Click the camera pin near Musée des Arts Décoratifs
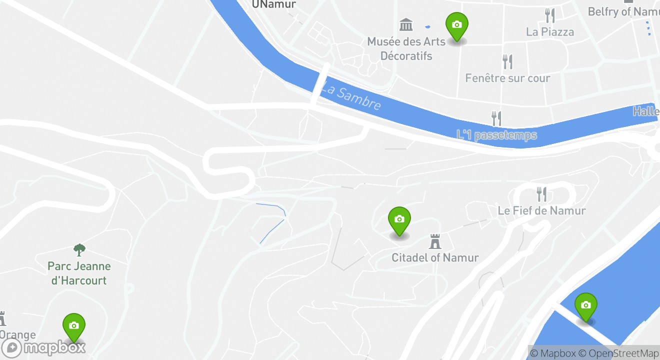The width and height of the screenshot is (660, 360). pos(456,26)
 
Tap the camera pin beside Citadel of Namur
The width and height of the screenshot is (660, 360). pos(399,220)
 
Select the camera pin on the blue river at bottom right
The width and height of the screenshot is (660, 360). pos(585,306)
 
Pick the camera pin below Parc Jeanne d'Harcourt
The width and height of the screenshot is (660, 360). pos(74,327)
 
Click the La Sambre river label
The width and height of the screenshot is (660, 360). pos(351,97)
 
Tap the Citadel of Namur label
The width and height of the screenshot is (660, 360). pos(435,258)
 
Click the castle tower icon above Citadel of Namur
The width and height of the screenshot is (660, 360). pos(435,241)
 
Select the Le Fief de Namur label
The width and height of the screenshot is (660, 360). pos(541,210)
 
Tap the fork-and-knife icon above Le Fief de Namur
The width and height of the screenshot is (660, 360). pos(541,194)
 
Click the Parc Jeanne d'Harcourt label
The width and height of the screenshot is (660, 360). pos(79,273)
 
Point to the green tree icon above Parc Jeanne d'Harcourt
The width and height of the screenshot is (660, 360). pos(79,249)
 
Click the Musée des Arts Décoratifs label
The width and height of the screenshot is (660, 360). pos(406,48)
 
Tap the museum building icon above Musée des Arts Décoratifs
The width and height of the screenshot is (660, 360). pos(406,24)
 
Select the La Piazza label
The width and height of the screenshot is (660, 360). pos(550,32)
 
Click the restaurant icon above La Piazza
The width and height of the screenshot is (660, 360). pos(550,15)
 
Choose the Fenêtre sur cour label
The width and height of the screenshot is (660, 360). pos(507,78)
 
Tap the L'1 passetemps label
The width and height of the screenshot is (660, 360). pos(496,135)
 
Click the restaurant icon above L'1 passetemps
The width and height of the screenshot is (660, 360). pos(496,118)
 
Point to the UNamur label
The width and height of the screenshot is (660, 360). pos(274,4)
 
